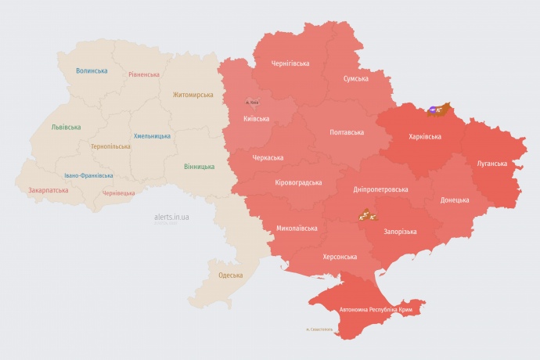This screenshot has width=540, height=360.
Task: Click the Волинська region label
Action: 92,71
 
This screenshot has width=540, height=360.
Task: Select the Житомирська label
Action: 193,95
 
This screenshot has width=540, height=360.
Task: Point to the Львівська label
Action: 67,126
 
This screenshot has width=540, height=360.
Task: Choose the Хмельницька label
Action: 152,136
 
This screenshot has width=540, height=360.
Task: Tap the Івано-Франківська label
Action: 88,175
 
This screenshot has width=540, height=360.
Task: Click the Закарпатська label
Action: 48,189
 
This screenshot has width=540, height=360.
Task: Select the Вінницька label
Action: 199,167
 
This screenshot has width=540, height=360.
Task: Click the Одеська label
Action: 230,275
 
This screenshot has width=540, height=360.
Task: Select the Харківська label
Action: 424,136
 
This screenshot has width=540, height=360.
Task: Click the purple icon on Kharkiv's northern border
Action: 433,110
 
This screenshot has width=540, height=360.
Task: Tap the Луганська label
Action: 491,164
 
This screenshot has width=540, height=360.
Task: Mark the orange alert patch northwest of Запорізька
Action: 368,214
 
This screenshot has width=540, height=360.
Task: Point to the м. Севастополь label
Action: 319,329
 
